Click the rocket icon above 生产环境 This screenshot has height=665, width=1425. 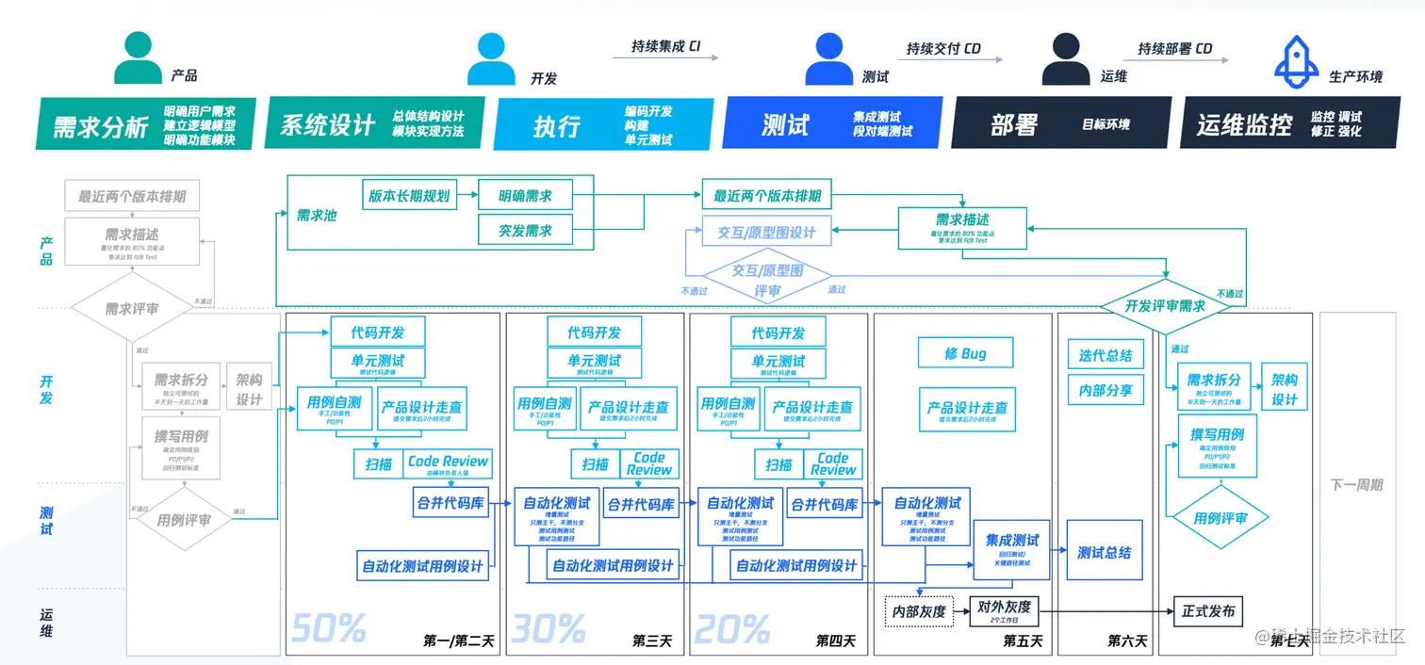point(1297,59)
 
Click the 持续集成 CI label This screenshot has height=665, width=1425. point(665,45)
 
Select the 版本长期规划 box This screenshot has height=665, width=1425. point(408,196)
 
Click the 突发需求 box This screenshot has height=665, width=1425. point(526,230)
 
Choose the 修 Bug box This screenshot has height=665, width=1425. point(966,353)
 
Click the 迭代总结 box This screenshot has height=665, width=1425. point(1106,355)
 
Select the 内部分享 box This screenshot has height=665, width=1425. point(1106,390)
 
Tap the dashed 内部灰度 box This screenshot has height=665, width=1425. point(918,612)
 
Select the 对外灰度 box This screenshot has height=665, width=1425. point(1005,611)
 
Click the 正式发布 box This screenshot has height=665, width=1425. point(1208,611)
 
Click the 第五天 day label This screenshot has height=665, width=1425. point(1023,641)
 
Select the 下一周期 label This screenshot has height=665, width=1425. point(1356,485)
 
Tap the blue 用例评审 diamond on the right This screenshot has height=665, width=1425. point(1220,518)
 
